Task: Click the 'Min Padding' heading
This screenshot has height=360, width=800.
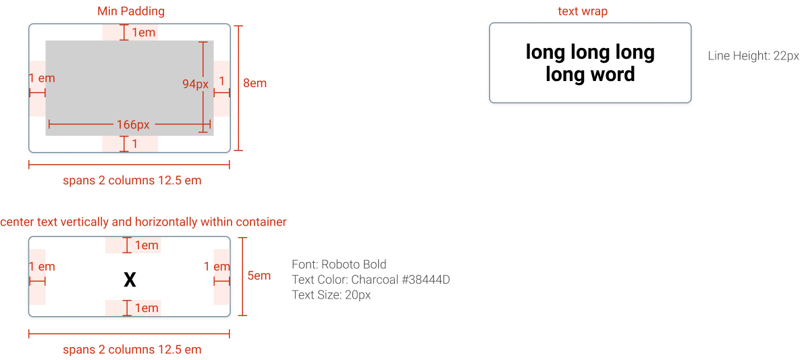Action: [x=130, y=11]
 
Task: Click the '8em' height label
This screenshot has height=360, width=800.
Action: [x=255, y=84]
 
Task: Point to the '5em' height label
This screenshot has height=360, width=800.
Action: [x=259, y=276]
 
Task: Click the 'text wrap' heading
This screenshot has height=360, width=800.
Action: [x=581, y=11]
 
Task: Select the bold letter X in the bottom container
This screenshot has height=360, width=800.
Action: [x=130, y=280]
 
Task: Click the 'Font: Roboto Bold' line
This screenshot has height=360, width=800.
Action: [x=339, y=264]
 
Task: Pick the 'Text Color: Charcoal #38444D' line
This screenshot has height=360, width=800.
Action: [x=371, y=280]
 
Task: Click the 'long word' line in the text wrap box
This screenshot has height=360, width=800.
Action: [x=590, y=74]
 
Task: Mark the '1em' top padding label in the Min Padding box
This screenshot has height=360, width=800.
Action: [x=142, y=32]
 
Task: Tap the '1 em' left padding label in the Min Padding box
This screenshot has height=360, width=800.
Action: [x=42, y=78]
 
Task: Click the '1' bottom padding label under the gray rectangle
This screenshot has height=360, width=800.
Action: [x=134, y=143]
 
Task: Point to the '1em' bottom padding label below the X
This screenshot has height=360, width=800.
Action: [x=146, y=308]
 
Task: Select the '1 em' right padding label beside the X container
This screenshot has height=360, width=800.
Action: [x=217, y=267]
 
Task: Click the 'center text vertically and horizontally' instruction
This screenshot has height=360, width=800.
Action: [x=143, y=222]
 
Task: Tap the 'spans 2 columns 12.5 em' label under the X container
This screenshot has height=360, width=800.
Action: [x=132, y=350]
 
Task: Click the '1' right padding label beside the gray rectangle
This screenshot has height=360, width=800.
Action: [x=221, y=81]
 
